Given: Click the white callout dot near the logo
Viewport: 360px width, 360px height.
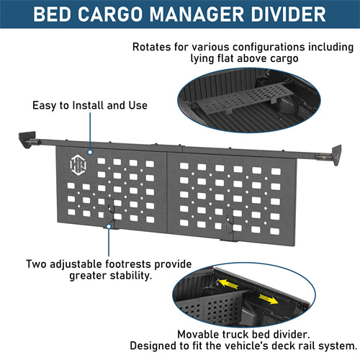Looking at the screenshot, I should pyautogui.click(x=90, y=153).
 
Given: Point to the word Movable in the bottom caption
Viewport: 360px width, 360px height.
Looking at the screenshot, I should pyautogui.click(x=199, y=334).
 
